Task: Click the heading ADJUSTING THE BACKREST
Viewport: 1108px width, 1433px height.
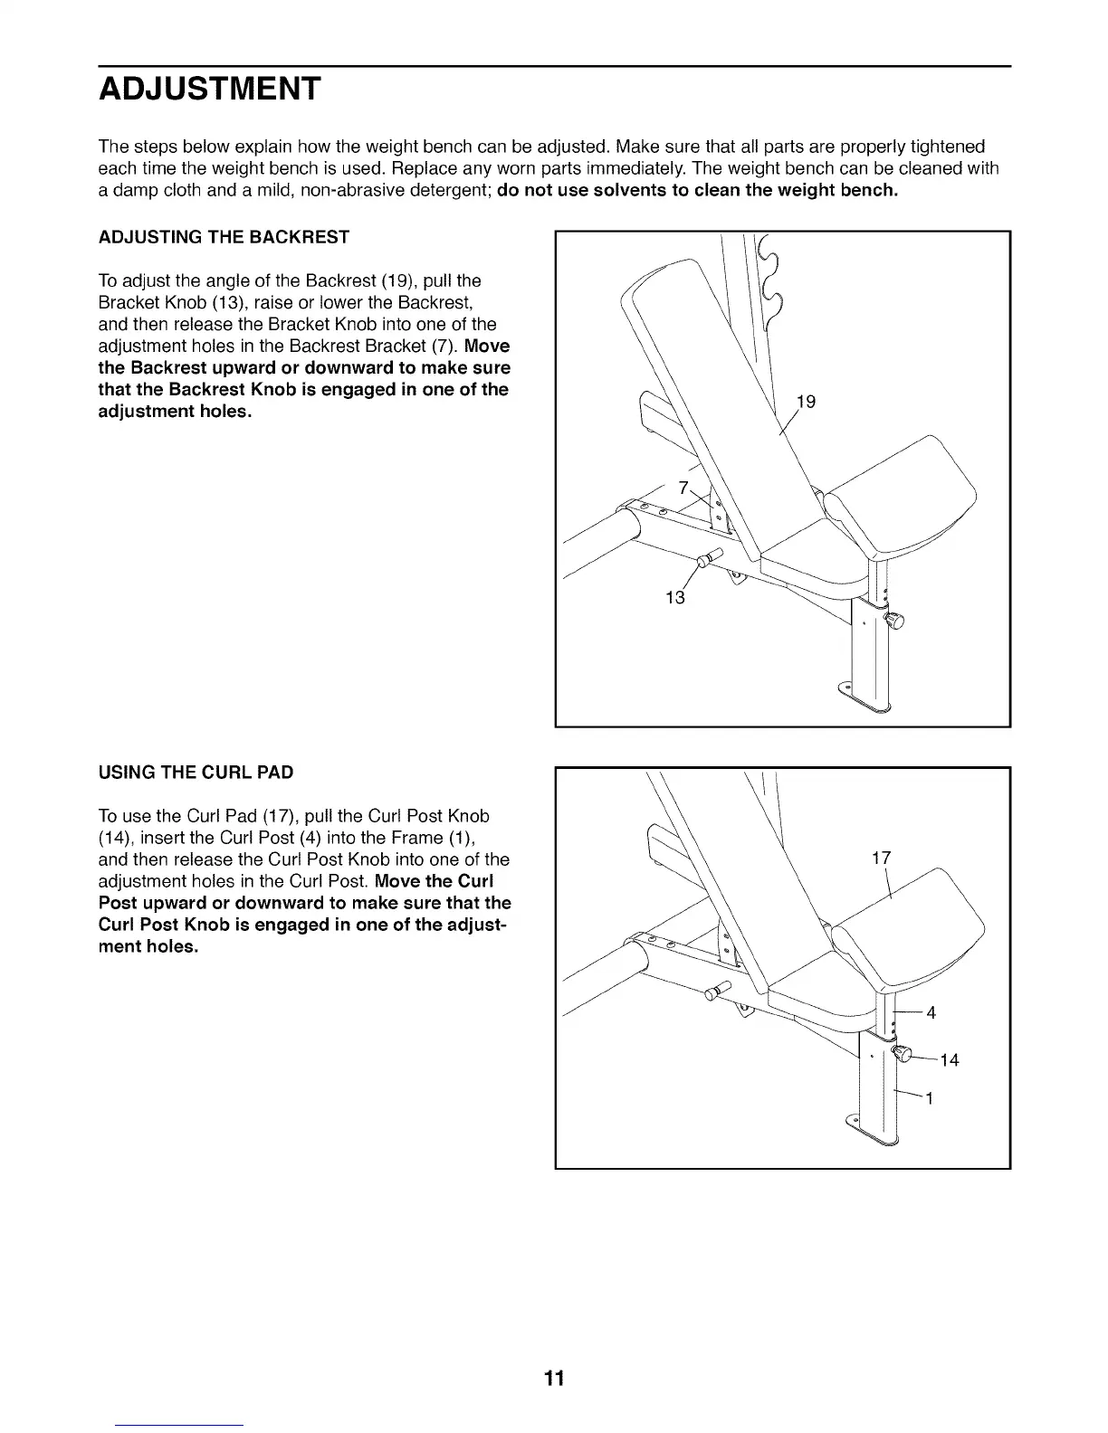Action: coord(223,238)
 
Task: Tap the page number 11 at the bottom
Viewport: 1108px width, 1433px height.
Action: coord(554,1379)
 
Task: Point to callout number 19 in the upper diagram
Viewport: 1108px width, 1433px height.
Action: coord(806,402)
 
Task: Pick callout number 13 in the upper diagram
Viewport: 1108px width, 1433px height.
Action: coord(675,597)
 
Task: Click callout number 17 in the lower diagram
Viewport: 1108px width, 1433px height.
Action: coord(882,858)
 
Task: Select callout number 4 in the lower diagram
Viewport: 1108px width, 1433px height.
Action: coord(931,1012)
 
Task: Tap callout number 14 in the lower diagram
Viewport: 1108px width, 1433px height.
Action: coord(949,1060)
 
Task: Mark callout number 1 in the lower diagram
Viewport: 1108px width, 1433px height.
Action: coord(929,1099)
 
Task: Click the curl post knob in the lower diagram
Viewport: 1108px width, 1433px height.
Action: coord(902,1052)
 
